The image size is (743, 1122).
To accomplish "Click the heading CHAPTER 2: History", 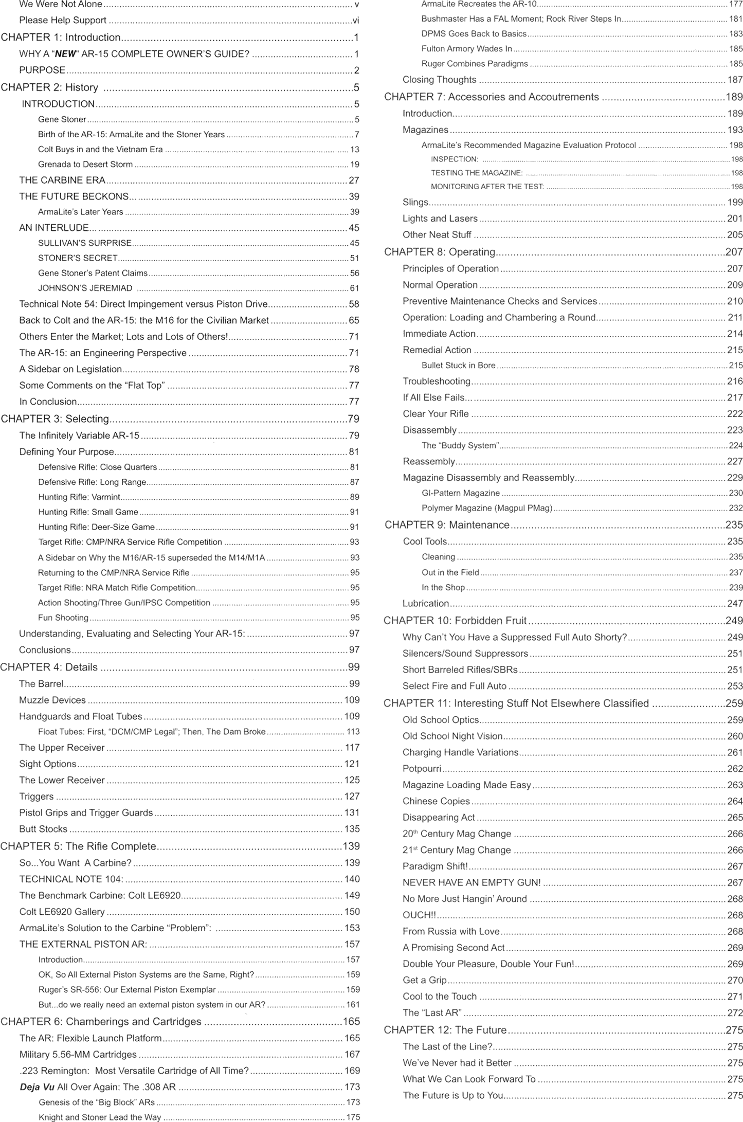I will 49,87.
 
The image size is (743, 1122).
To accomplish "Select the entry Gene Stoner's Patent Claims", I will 93,273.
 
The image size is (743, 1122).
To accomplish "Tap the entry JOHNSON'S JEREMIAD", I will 85,288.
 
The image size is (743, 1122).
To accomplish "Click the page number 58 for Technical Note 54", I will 354,304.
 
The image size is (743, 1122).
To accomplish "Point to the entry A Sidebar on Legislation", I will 70,369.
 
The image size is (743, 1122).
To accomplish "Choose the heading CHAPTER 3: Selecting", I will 55,419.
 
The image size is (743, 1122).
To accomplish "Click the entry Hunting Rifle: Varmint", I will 79,497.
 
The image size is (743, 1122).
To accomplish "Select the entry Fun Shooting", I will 63,618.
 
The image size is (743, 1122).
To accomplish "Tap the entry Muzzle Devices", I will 52,700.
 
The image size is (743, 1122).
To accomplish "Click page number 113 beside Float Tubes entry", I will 353,732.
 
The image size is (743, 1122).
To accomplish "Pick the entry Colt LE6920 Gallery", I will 62,912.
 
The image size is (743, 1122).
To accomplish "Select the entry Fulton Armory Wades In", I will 466,49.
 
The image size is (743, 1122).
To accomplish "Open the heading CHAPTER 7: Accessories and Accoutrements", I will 492,97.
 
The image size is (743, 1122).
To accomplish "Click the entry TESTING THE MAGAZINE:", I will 477,173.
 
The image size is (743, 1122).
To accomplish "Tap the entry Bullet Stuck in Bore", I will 458,366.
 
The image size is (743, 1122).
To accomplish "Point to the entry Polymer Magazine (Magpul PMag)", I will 486,508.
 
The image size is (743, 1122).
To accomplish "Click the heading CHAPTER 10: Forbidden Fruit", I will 455,621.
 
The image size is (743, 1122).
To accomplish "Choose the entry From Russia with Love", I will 451,931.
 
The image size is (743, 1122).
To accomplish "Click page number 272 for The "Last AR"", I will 735,1012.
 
